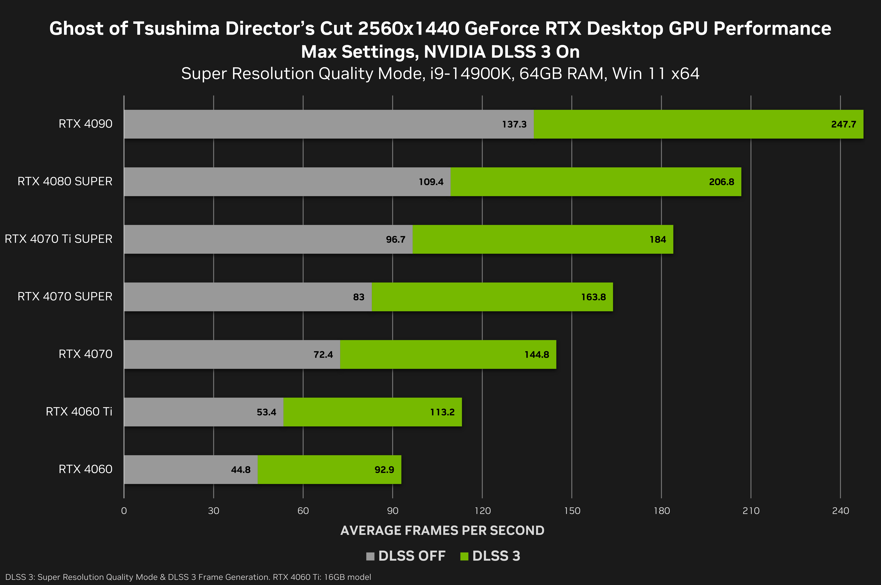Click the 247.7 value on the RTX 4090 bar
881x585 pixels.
coord(843,124)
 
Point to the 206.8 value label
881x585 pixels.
coord(721,182)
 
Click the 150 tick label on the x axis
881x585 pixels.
coord(572,511)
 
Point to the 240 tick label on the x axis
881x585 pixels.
coord(840,511)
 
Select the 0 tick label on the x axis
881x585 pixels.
coord(124,511)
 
